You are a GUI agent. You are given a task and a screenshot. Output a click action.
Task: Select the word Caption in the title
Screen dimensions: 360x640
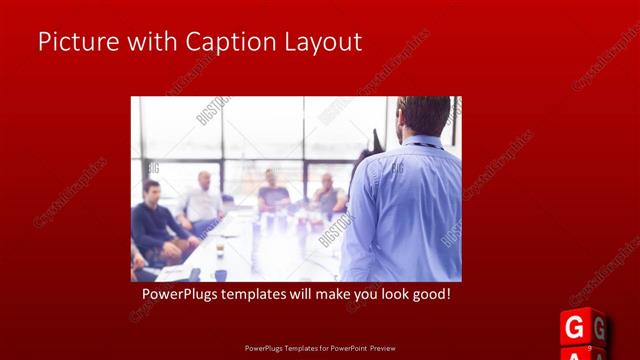click(219, 42)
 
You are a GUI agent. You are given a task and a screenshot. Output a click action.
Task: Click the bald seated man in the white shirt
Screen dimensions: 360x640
click(204, 199)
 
